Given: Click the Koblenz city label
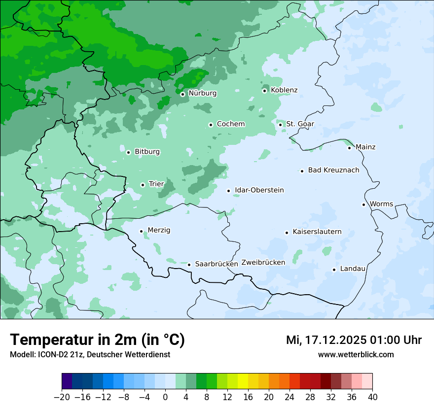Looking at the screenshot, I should (284, 90).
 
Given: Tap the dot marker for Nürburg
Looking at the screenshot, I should (182, 94).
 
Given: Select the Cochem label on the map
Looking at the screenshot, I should (230, 124).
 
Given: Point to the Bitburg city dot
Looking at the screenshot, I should (128, 152).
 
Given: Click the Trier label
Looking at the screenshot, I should (156, 184).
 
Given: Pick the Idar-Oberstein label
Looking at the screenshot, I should (259, 190).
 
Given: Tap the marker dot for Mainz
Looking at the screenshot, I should (349, 148).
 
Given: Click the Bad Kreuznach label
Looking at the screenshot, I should (333, 170).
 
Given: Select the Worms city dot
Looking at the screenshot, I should (363, 204).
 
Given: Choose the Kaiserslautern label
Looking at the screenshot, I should (317, 232).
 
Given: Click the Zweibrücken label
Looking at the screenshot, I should (263, 263).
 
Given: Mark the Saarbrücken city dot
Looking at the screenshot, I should (189, 265).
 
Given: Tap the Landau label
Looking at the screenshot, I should (353, 269).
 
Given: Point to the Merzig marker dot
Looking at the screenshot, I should (141, 231).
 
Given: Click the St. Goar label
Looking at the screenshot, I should (300, 124).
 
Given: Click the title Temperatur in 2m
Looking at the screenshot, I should (97, 340).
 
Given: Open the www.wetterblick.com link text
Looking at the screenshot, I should (356, 354).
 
